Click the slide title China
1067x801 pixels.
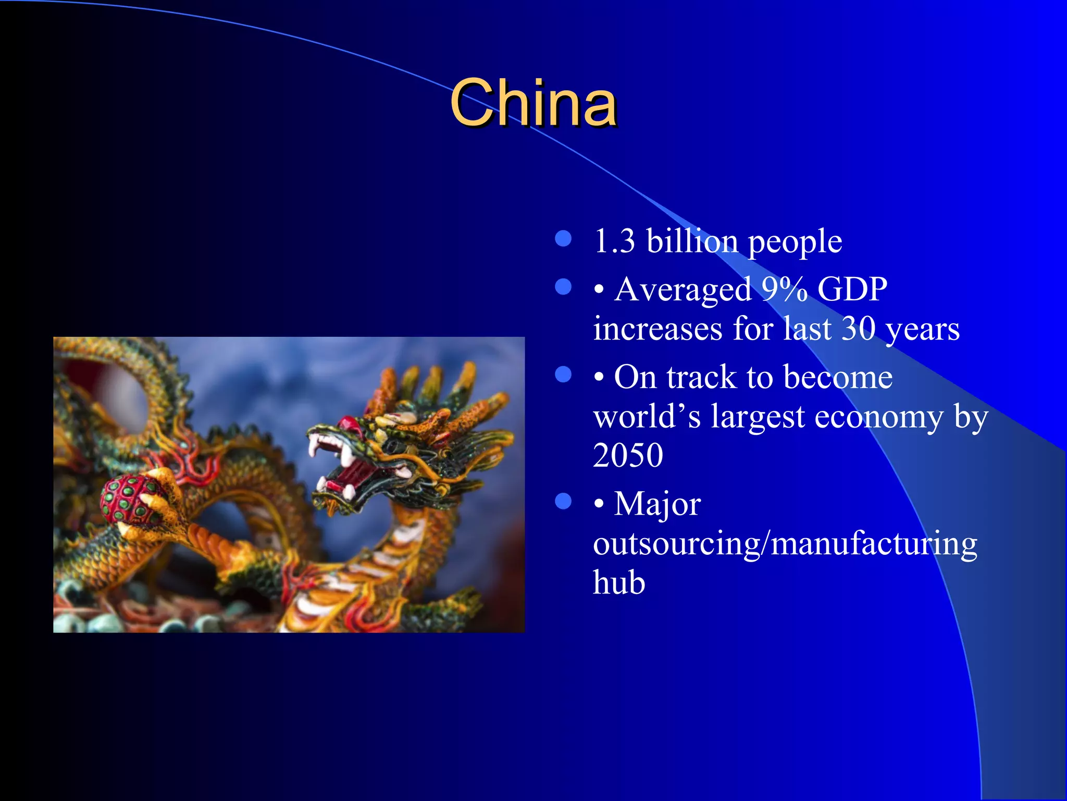pyautogui.click(x=533, y=103)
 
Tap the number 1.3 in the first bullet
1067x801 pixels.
pyautogui.click(x=614, y=241)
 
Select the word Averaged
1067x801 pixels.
pyautogui.click(x=683, y=290)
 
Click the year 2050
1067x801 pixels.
pyautogui.click(x=628, y=455)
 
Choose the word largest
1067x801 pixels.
pyautogui.click(x=759, y=417)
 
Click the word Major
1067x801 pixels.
pyautogui.click(x=657, y=505)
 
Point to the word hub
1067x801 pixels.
pyautogui.click(x=619, y=582)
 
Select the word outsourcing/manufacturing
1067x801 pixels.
pyautogui.click(x=785, y=544)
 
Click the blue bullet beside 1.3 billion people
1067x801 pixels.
pyautogui.click(x=563, y=239)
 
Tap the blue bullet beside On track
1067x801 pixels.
pyautogui.click(x=563, y=374)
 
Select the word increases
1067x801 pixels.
pyautogui.click(x=657, y=329)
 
